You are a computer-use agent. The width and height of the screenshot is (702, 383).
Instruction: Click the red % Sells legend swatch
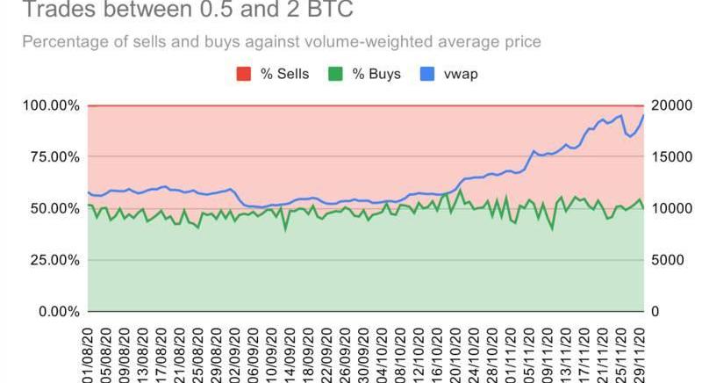243,74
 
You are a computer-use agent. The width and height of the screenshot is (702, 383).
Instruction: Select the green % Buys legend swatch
335,74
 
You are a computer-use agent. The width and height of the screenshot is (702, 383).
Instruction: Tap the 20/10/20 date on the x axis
455,351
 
